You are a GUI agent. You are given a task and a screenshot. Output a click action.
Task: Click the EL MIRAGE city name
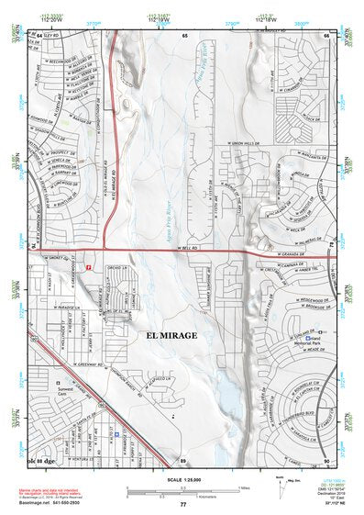click(171, 337)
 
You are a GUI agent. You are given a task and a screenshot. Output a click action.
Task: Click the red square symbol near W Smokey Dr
click(88, 266)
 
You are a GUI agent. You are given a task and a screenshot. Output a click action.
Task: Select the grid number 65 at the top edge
click(184, 35)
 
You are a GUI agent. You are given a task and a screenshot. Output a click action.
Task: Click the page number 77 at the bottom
click(182, 504)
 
